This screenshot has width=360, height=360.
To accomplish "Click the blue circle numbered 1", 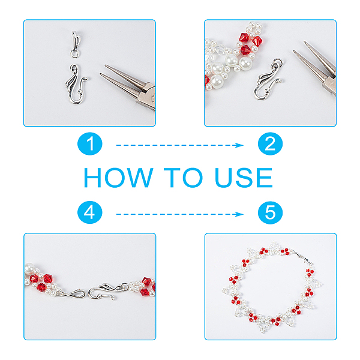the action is (x=90, y=144).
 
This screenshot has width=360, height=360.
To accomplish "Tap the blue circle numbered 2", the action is (x=270, y=144).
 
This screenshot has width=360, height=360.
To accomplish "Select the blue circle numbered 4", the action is (x=90, y=212).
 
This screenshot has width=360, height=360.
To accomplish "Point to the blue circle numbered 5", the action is (x=270, y=212).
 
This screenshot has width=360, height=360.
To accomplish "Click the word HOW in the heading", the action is (x=118, y=178).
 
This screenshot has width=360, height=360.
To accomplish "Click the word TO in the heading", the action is (x=183, y=178).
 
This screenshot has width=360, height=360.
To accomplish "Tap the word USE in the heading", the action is (x=244, y=178).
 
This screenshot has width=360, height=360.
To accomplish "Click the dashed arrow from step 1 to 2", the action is (x=180, y=145).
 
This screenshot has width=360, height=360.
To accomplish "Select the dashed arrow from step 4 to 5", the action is (x=180, y=214).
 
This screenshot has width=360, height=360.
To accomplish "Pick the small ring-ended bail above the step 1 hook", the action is (x=75, y=45).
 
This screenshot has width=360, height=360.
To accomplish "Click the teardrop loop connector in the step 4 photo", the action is (x=76, y=293).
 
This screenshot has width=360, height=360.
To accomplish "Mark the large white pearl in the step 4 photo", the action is (x=29, y=268).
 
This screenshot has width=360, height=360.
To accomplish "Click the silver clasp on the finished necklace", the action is (x=304, y=258).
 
